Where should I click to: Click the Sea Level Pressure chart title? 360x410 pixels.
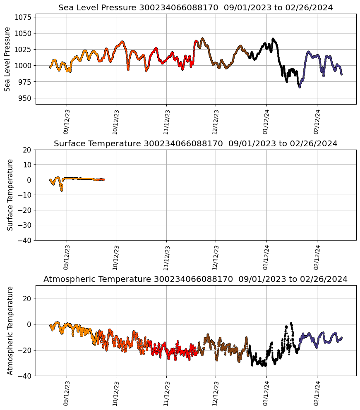click(x=195, y=8)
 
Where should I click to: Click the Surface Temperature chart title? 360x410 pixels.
click(x=195, y=144)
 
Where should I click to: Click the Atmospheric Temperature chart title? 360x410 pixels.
click(x=195, y=279)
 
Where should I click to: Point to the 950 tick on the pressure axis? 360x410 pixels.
click(x=25, y=98)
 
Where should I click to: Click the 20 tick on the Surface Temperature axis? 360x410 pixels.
click(x=27, y=150)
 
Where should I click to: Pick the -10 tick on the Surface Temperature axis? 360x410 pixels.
click(x=25, y=195)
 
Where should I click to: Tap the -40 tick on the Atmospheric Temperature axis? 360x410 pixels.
click(x=25, y=376)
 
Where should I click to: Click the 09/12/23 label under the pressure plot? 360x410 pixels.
click(x=67, y=122)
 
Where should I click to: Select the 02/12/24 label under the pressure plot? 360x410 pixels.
click(x=317, y=122)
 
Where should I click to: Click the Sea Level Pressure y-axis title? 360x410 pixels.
click(x=7, y=59)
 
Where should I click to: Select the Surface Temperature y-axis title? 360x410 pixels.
click(x=10, y=195)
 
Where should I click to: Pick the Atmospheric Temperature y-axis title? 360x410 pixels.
click(x=10, y=330)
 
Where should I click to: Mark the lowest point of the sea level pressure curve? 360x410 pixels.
click(x=300, y=87)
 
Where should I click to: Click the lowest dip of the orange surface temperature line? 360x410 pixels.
click(x=62, y=190)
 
